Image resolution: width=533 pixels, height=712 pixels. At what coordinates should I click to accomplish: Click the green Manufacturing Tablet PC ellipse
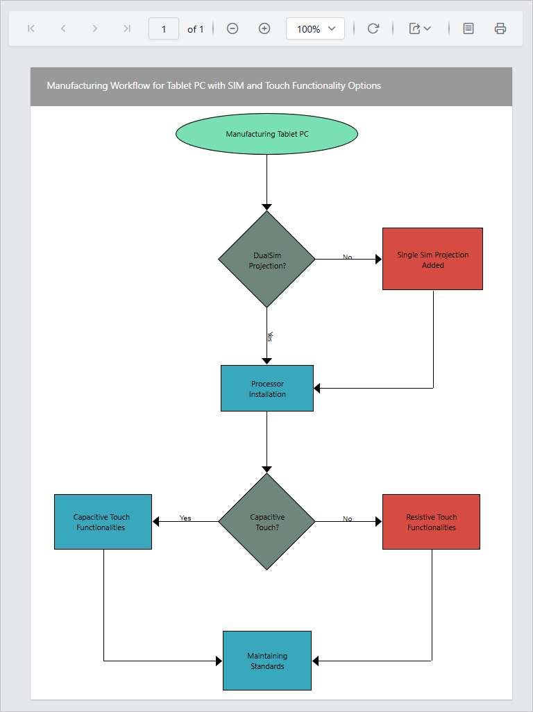[x=266, y=134]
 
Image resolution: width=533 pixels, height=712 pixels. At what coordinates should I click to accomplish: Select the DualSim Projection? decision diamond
[x=266, y=259]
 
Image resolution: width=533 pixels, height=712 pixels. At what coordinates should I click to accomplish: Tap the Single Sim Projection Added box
[x=432, y=259]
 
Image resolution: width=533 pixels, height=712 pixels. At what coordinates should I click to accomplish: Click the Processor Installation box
[x=267, y=389]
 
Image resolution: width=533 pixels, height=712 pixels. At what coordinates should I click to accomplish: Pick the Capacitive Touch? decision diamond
[x=266, y=521]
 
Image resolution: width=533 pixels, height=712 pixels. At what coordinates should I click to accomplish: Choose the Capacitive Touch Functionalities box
[x=103, y=522]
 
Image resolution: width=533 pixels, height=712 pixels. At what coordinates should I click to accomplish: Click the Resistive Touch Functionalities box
[x=431, y=522]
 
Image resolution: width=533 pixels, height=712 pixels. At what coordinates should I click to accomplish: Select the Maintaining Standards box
[x=267, y=661]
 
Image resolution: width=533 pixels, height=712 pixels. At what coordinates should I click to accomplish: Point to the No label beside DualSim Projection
[x=347, y=257]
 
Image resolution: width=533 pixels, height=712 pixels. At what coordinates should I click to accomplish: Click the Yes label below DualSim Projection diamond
[x=270, y=336]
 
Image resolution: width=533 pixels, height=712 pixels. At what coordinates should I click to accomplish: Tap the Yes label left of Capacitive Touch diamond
[x=185, y=518]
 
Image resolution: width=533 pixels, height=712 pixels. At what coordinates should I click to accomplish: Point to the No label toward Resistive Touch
[x=347, y=518]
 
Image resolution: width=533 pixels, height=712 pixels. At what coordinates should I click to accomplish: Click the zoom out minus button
[x=232, y=28]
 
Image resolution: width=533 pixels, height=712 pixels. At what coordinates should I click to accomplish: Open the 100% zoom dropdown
[x=315, y=28]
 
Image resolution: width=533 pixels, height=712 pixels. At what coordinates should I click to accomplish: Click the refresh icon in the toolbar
[x=373, y=28]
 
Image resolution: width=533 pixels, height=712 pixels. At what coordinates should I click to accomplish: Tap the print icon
[x=500, y=28]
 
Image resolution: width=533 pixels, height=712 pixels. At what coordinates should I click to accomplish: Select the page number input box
[x=164, y=28]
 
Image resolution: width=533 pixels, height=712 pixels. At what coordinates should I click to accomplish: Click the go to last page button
[x=126, y=28]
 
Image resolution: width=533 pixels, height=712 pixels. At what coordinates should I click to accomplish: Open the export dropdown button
[x=420, y=28]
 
